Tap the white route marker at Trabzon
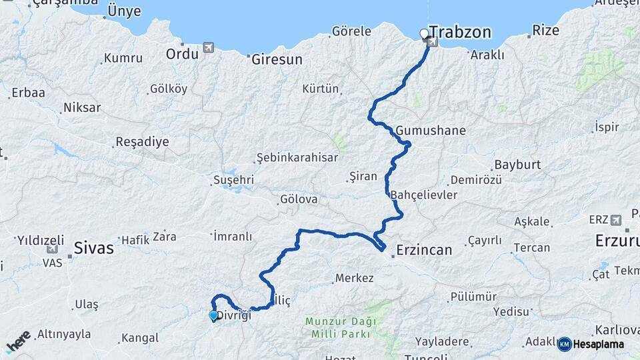point(424,33)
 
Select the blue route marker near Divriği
point(213,315)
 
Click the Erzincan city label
point(424,250)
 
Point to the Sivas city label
point(93,248)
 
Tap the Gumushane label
point(430,130)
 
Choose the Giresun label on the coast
point(277,59)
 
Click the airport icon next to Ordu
point(209,48)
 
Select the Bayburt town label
point(517,165)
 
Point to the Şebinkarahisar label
point(297,158)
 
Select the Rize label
point(545,31)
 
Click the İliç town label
point(283,301)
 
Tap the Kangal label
point(141,338)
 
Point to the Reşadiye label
point(142,142)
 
